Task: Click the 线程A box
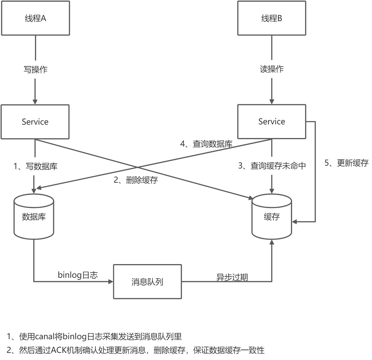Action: click(36, 18)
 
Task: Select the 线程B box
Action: click(272, 18)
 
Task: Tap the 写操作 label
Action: click(35, 69)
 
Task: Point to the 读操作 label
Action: click(272, 69)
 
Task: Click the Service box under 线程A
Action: click(35, 122)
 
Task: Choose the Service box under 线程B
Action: click(272, 122)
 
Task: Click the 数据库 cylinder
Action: click(34, 217)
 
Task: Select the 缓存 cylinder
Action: click(272, 217)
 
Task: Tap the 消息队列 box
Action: click(147, 282)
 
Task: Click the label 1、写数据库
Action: click(36, 166)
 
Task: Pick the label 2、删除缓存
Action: click(136, 180)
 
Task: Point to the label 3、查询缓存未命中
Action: click(272, 166)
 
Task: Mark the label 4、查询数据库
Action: click(206, 144)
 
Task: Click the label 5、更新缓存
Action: click(346, 163)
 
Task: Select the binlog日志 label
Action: click(78, 275)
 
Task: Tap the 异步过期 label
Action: click(232, 277)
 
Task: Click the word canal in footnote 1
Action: click(44, 337)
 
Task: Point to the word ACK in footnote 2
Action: click(59, 350)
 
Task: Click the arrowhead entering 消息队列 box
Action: click(111, 282)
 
